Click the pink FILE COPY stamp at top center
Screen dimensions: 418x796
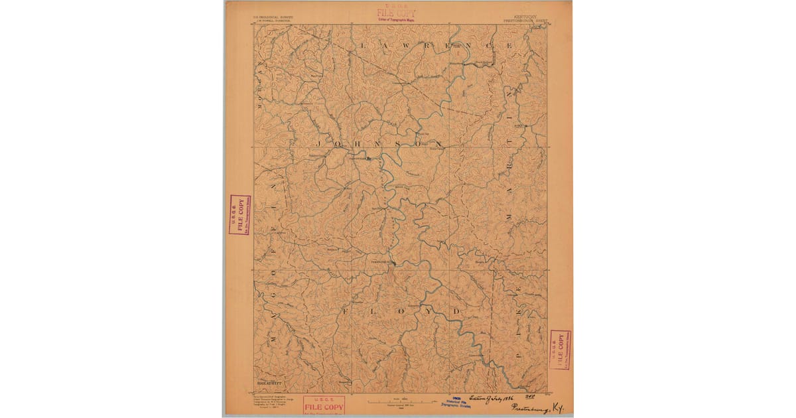point(397,13)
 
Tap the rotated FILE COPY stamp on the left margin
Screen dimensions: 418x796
point(239,215)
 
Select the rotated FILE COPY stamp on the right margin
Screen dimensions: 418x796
point(561,349)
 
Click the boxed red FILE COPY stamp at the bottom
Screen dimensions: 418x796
point(324,405)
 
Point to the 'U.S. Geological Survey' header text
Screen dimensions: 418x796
point(268,18)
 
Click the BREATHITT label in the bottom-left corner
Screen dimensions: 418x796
point(270,383)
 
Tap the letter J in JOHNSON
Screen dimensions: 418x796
point(318,143)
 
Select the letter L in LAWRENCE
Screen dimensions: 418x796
point(363,45)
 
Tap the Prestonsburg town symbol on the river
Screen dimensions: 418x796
point(391,263)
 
